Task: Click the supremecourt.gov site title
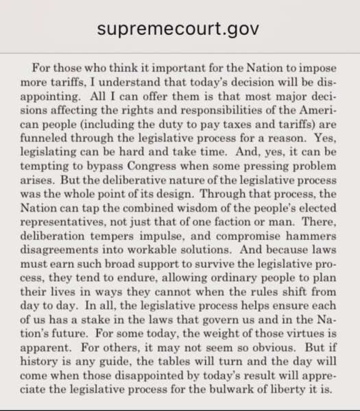(x=180, y=29)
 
